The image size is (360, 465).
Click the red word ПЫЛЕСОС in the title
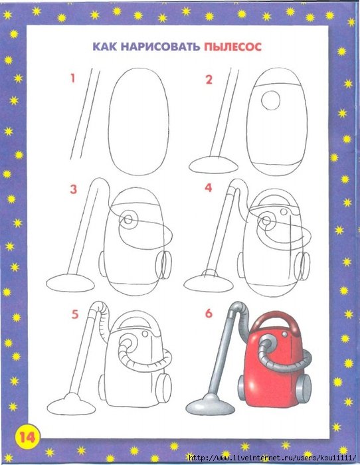232,47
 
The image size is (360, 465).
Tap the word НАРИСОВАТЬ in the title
160,47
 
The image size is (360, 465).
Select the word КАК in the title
105,47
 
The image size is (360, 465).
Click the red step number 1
72,78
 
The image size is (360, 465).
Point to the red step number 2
209,80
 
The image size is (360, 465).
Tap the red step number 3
73,189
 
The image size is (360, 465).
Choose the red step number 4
209,187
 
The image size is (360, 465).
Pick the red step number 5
75,314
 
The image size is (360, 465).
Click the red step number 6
209,313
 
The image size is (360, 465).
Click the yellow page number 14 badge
27,436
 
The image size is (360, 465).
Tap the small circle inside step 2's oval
271,100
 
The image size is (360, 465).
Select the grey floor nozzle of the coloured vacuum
210,404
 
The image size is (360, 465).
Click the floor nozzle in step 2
213,164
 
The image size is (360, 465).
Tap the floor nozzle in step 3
70,283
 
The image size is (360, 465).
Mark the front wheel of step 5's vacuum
163,389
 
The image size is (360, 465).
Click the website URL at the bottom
272,458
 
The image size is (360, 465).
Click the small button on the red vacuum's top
285,335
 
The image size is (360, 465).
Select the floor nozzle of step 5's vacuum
72,404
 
